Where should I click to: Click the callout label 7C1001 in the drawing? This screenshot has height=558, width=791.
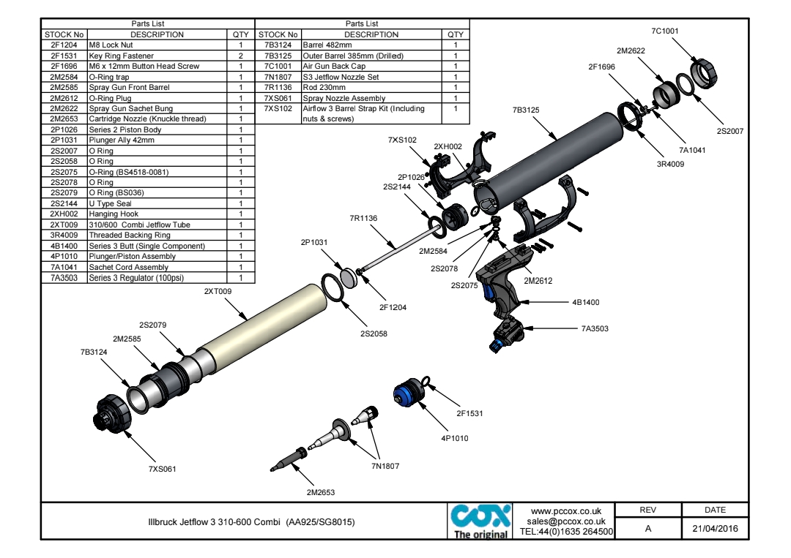tap(665, 31)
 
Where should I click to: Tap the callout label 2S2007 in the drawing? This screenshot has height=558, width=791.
tap(730, 132)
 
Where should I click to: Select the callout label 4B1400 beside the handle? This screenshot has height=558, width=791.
tap(585, 302)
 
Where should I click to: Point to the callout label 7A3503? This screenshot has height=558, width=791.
tap(595, 329)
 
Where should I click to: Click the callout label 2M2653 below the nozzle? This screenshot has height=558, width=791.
tap(321, 492)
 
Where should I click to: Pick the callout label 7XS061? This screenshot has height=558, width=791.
tap(163, 469)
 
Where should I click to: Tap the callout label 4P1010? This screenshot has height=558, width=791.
tap(454, 438)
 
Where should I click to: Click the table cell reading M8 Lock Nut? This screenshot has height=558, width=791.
tap(110, 45)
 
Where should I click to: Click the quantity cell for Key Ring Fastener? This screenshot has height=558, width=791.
tap(240, 56)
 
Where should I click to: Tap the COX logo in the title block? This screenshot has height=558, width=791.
tap(479, 520)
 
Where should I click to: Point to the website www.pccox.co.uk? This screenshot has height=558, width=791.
tap(565, 511)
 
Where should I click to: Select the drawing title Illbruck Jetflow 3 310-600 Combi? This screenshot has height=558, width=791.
tap(242, 523)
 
